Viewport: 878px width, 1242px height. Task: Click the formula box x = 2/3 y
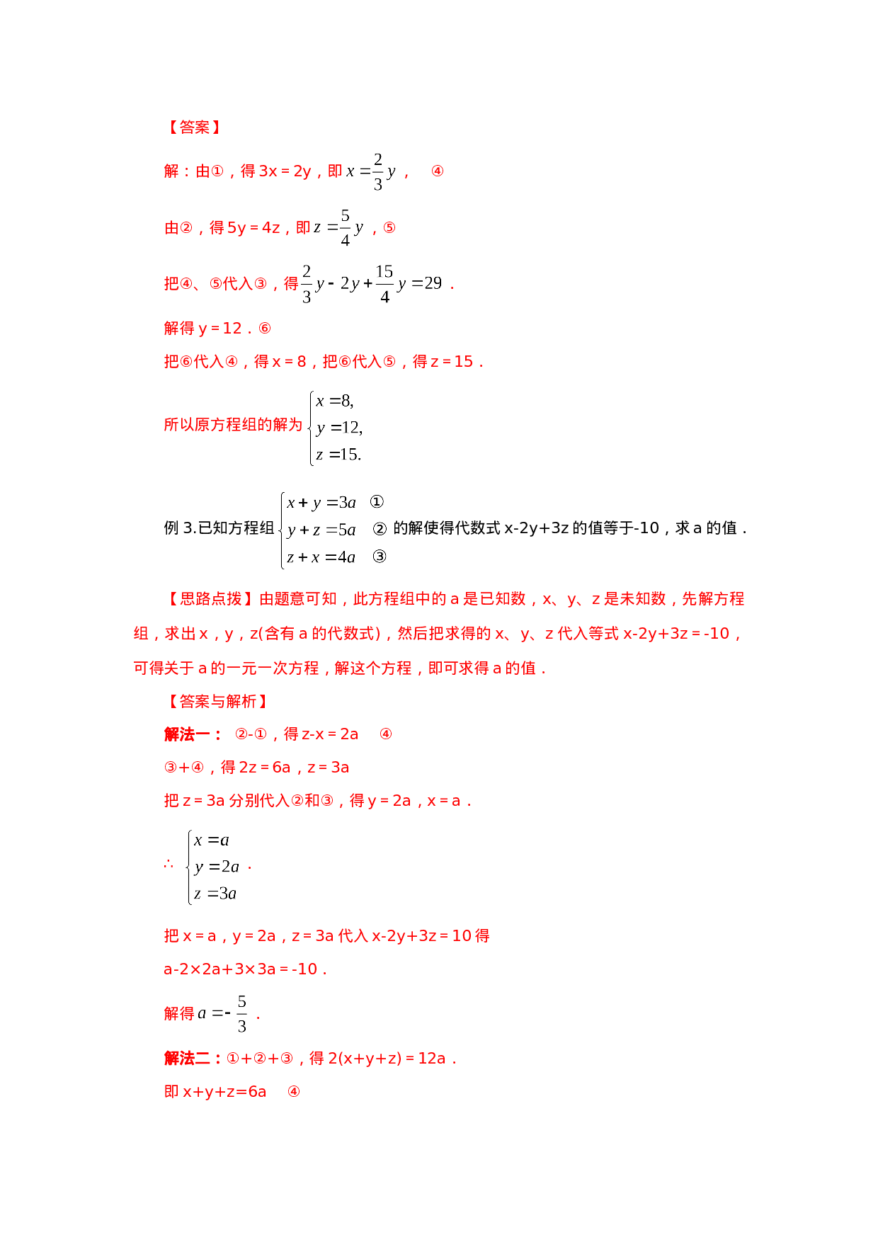point(370,171)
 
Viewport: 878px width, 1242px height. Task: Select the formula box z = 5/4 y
point(338,227)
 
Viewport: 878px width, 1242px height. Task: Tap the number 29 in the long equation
point(433,283)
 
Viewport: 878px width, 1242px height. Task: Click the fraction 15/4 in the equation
point(384,283)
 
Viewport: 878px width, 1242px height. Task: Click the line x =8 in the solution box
point(334,401)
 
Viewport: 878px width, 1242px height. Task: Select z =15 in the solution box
point(338,455)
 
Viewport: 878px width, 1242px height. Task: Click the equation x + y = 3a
point(321,503)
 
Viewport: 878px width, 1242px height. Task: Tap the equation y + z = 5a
point(321,530)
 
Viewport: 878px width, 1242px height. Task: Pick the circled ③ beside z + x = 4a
point(380,557)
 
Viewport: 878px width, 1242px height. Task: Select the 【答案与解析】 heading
point(217,702)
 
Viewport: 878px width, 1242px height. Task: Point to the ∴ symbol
point(169,865)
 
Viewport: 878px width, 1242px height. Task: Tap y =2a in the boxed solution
point(216,867)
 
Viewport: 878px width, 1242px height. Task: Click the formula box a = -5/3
point(223,1013)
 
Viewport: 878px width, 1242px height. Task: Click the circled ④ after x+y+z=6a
point(294,1092)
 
